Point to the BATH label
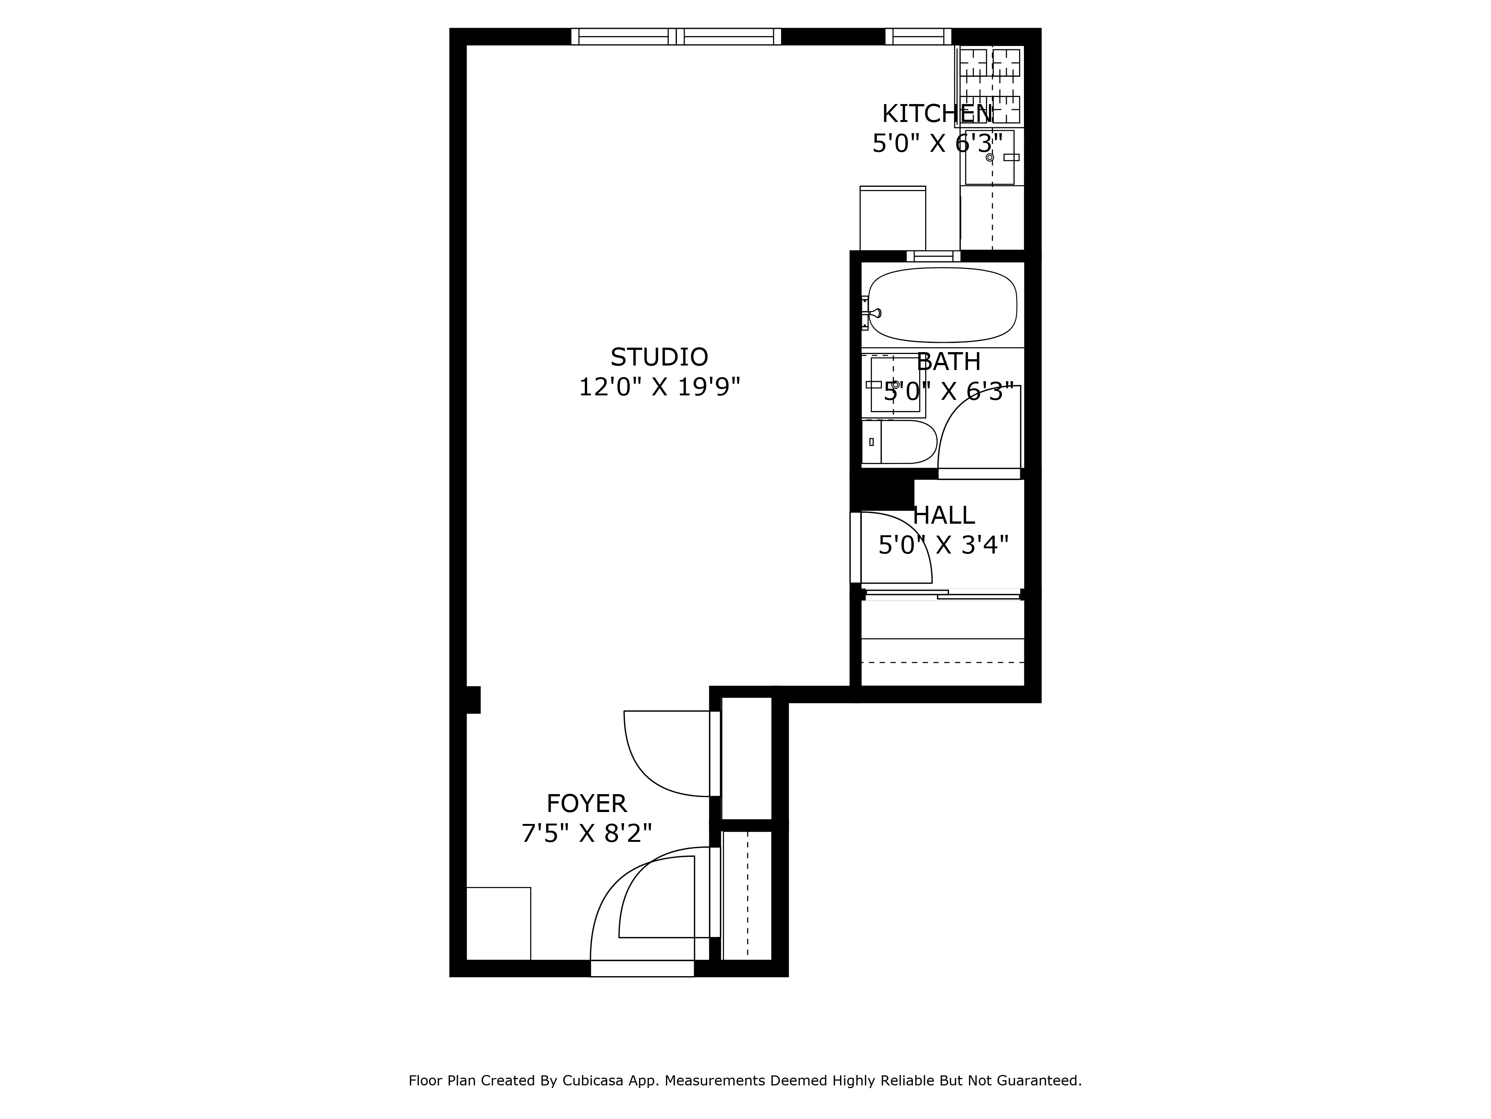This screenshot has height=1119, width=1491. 948,362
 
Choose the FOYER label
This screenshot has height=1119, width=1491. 586,804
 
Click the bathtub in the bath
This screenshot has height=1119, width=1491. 942,305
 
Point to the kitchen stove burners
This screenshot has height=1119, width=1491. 990,81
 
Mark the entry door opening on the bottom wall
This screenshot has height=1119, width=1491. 642,969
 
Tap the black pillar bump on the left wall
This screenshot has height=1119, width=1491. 473,700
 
